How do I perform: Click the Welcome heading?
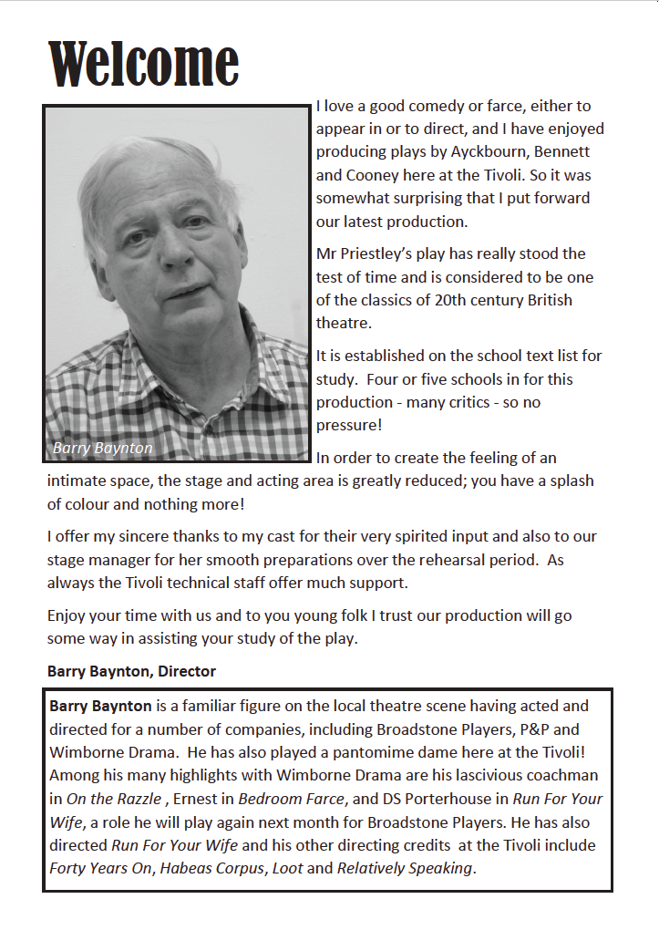(x=143, y=64)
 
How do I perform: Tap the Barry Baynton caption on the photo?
(x=103, y=448)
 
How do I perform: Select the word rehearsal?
(x=464, y=559)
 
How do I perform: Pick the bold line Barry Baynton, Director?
(x=131, y=672)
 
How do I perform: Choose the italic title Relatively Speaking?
(x=405, y=868)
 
